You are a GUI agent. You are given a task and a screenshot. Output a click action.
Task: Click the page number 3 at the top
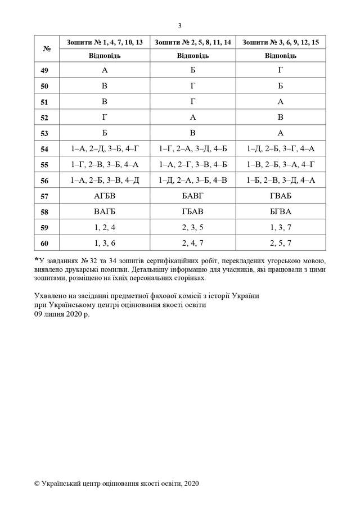(x=179, y=25)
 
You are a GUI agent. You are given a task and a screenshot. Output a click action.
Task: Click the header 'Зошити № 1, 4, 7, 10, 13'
(x=105, y=42)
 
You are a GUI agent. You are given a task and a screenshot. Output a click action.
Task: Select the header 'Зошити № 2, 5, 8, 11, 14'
(x=193, y=42)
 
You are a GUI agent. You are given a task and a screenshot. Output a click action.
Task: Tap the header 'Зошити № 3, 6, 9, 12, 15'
(x=281, y=42)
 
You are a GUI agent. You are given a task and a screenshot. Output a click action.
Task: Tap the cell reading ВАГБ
(x=105, y=212)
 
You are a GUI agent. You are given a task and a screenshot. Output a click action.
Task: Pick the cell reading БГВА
(x=281, y=212)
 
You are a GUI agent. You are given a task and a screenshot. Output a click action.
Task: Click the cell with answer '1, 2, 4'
(x=105, y=228)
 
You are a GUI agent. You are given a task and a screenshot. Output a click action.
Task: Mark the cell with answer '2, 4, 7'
(x=193, y=244)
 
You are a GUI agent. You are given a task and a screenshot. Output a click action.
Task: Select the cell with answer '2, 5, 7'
(x=281, y=244)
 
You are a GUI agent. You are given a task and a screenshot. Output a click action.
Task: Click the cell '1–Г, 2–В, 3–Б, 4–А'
(x=105, y=165)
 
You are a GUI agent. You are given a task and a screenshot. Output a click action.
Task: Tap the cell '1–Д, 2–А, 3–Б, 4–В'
(x=193, y=181)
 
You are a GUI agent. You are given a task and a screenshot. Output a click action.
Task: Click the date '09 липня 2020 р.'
(x=62, y=314)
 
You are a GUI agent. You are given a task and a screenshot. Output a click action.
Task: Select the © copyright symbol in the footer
(x=37, y=483)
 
